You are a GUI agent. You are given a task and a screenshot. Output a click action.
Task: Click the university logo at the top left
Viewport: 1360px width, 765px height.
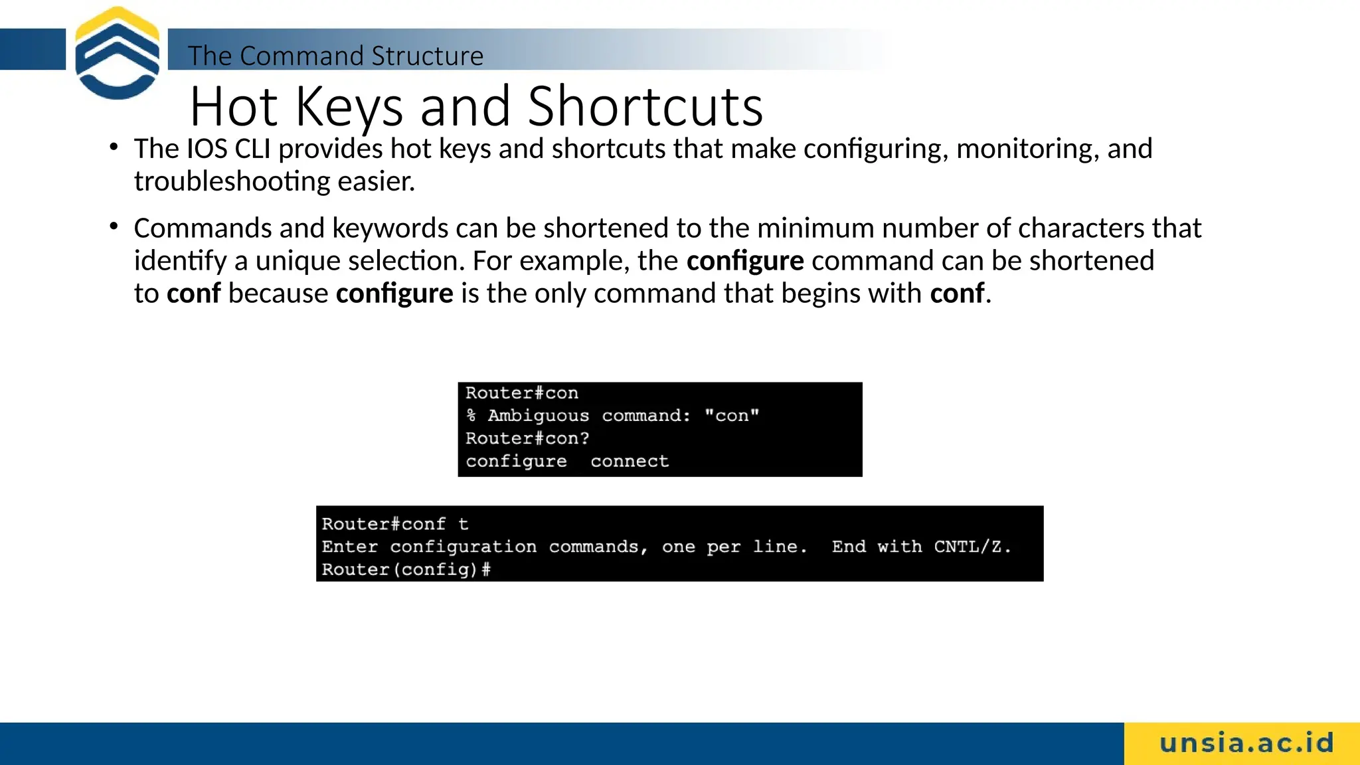117,53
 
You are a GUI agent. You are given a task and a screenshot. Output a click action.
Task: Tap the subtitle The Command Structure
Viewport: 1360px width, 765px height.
335,56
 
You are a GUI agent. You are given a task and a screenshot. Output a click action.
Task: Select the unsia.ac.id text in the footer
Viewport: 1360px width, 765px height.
1246,743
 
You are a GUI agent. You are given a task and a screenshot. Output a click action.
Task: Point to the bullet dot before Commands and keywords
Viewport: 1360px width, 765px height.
114,227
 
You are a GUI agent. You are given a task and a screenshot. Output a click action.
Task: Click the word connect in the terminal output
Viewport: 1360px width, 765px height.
629,461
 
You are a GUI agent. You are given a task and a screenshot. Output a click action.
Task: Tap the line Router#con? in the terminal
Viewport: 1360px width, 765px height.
527,438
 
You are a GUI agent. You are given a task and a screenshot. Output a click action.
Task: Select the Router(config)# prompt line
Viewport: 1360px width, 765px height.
406,569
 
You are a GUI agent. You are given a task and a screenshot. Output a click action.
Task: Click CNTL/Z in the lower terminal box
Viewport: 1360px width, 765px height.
972,547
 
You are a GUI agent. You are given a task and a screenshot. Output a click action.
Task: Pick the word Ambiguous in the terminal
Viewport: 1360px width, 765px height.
538,416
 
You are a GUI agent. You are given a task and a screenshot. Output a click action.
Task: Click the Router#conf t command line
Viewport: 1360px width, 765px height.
395,524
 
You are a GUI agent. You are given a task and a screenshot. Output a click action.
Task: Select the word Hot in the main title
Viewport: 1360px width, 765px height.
233,106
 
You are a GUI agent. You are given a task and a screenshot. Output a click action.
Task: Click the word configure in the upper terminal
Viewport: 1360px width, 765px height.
516,461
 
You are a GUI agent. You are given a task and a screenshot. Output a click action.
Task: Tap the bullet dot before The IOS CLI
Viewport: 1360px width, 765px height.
114,147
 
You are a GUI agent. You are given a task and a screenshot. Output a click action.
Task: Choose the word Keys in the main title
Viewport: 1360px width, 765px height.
349,106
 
